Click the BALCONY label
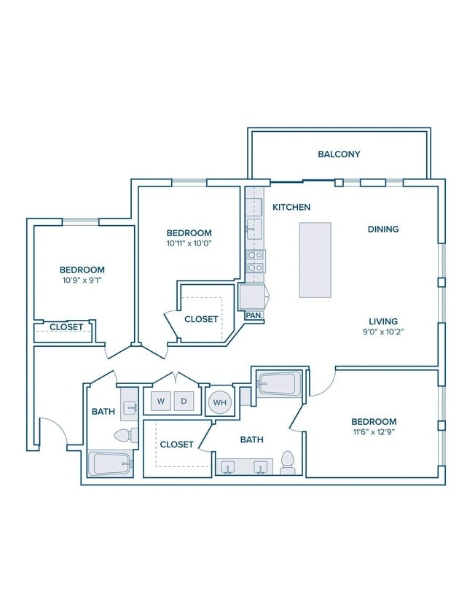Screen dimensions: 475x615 [x=339, y=154]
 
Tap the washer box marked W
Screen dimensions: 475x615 [x=161, y=401]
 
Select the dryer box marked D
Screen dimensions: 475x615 [x=184, y=401]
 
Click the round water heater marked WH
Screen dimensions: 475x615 [x=220, y=402]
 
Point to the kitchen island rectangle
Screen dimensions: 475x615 [x=315, y=260]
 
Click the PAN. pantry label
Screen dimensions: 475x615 [x=254, y=315]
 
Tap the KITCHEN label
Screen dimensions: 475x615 [x=291, y=207]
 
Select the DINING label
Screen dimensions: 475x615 [x=383, y=229]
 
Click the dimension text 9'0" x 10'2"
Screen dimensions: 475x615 [x=383, y=332]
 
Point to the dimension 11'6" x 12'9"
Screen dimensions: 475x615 [x=374, y=432]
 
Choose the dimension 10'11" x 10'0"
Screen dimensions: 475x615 [x=189, y=243]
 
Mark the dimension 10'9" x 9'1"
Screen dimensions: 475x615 [x=82, y=280]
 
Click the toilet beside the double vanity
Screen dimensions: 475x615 [x=288, y=463]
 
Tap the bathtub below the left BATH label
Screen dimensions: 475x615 [x=110, y=464]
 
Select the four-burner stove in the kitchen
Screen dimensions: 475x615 [x=256, y=262]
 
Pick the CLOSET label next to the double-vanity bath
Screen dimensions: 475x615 [x=176, y=444]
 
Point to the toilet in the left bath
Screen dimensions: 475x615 [x=126, y=434]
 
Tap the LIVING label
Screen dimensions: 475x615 [x=383, y=321]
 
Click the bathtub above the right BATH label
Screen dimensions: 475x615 [x=278, y=383]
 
